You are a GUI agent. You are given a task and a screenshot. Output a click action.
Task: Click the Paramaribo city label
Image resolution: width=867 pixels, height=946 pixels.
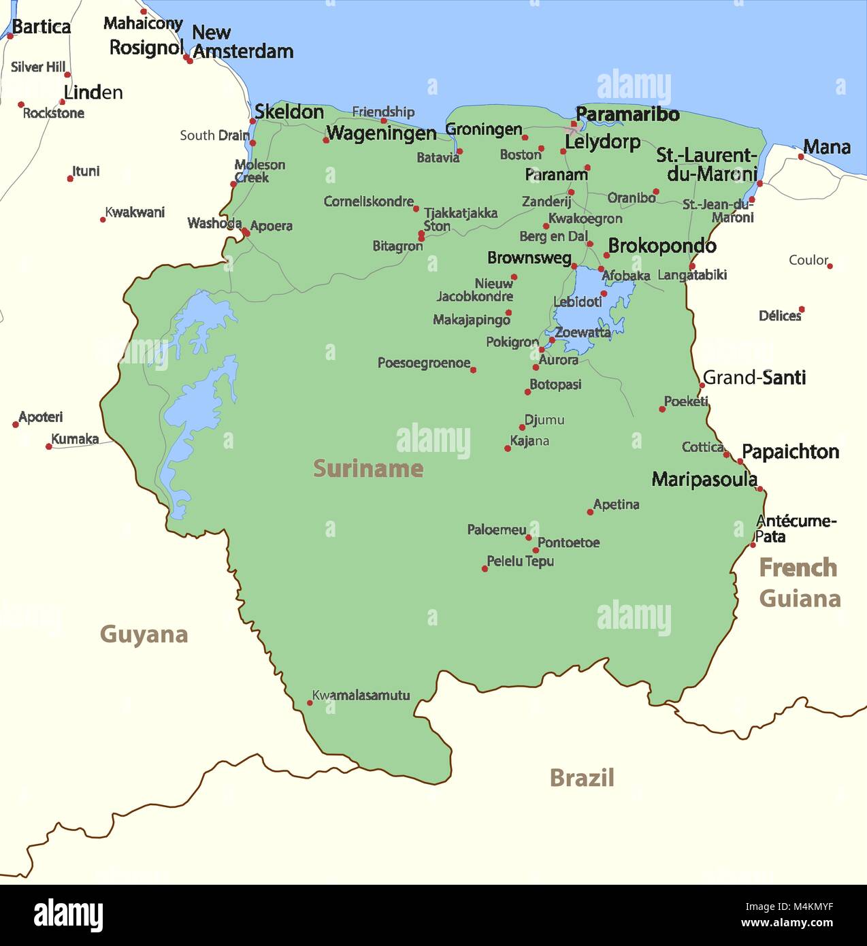click(627, 114)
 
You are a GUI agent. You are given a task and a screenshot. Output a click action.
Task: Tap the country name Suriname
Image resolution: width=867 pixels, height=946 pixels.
click(367, 468)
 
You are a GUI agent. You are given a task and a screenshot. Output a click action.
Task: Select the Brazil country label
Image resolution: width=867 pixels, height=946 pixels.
click(581, 777)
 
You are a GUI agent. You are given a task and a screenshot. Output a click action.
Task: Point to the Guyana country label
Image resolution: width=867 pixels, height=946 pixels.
click(144, 634)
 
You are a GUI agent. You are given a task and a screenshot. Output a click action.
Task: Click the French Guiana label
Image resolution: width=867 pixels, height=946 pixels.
click(799, 583)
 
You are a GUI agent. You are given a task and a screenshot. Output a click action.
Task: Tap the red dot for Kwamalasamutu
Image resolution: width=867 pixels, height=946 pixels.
click(310, 703)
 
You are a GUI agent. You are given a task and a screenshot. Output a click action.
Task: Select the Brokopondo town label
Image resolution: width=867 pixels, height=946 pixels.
click(661, 246)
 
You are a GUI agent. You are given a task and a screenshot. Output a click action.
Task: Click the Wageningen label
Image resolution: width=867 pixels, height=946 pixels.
click(381, 133)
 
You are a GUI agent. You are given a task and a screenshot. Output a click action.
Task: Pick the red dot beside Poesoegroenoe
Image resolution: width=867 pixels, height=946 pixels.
click(474, 370)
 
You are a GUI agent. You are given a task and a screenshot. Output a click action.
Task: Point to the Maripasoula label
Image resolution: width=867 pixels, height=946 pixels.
click(704, 479)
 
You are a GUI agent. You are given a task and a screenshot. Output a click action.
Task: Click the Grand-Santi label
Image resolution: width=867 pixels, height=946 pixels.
click(754, 378)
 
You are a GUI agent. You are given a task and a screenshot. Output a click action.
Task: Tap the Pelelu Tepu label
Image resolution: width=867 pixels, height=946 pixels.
click(520, 561)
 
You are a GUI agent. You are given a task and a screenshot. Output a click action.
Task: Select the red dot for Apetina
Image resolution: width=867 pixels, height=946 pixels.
click(590, 512)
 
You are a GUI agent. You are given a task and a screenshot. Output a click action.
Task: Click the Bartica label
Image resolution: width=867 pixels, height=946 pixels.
click(42, 27)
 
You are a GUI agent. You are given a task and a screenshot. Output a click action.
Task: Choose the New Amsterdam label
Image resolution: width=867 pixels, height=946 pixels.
click(242, 42)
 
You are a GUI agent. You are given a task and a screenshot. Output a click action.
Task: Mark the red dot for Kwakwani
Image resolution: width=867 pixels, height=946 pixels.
click(103, 220)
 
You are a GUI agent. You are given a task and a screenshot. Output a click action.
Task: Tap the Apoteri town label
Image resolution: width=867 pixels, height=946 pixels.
click(41, 417)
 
